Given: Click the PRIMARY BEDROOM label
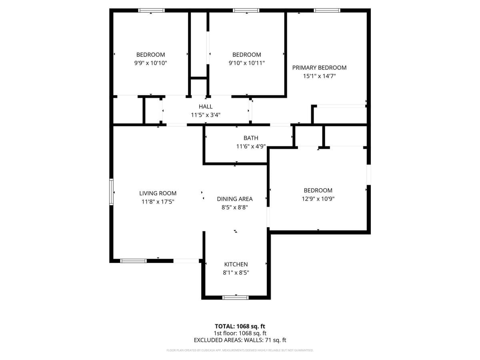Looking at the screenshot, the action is (x=319, y=68).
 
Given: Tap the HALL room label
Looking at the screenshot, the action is (x=206, y=107).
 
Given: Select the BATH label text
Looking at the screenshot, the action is (x=251, y=138).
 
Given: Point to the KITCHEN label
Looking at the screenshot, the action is (x=236, y=264).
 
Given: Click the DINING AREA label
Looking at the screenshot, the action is (x=235, y=199).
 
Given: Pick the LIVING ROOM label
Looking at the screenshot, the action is (x=158, y=194).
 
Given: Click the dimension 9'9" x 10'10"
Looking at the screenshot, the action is (x=151, y=63).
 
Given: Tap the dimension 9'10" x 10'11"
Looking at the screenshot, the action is (x=247, y=63).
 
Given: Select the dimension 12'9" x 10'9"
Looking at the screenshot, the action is (x=318, y=199).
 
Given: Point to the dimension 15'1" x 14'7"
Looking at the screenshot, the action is (x=320, y=76).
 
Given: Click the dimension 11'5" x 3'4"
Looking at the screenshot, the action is (x=206, y=115).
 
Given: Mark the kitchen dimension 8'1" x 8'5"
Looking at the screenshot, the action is (x=236, y=273).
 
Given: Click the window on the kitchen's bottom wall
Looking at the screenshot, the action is (x=236, y=298).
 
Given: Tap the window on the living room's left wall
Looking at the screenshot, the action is (x=111, y=192).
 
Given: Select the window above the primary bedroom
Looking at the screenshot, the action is (x=327, y=10).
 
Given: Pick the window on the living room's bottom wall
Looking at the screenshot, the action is (x=133, y=261).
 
